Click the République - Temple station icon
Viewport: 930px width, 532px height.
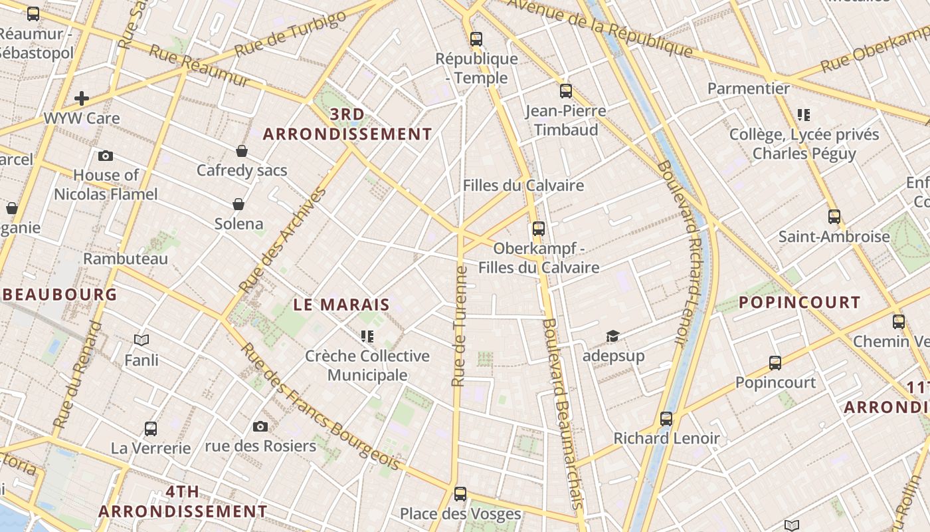[476, 39]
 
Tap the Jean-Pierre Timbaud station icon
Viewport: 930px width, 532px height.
[566, 91]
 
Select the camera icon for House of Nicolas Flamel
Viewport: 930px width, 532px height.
[105, 156]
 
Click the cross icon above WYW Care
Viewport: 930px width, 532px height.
[82, 98]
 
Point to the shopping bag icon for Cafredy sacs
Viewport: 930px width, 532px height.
[242, 151]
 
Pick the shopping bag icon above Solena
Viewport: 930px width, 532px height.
[238, 203]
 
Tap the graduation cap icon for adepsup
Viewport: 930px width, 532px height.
[612, 336]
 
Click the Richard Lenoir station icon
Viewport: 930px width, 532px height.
[666, 419]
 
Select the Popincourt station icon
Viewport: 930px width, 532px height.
[775, 362]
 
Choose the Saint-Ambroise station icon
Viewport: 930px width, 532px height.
[834, 216]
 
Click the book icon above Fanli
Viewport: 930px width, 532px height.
[141, 340]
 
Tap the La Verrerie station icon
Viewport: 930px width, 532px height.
[151, 428]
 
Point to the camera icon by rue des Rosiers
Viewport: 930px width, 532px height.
[260, 426]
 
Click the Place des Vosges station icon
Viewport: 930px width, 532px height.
[460, 493]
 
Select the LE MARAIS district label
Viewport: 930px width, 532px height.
[341, 305]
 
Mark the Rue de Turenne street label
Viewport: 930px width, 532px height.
[459, 326]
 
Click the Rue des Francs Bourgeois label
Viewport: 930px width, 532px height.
[321, 408]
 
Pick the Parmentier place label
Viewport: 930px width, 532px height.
[749, 88]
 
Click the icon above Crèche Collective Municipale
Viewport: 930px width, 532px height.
[367, 336]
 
